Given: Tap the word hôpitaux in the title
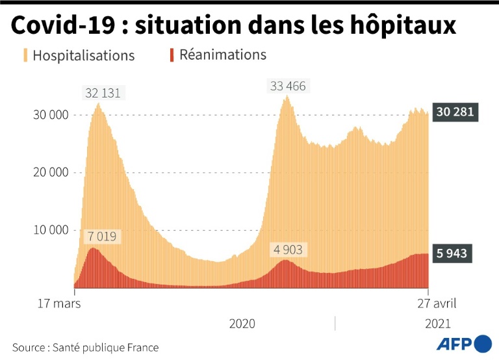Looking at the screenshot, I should tap(405, 25).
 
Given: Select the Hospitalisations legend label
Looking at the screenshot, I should tap(83, 55).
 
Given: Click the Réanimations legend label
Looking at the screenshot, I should tap(223, 54).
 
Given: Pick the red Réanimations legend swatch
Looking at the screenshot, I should tap(172, 55).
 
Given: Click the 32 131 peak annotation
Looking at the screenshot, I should tap(103, 93).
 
